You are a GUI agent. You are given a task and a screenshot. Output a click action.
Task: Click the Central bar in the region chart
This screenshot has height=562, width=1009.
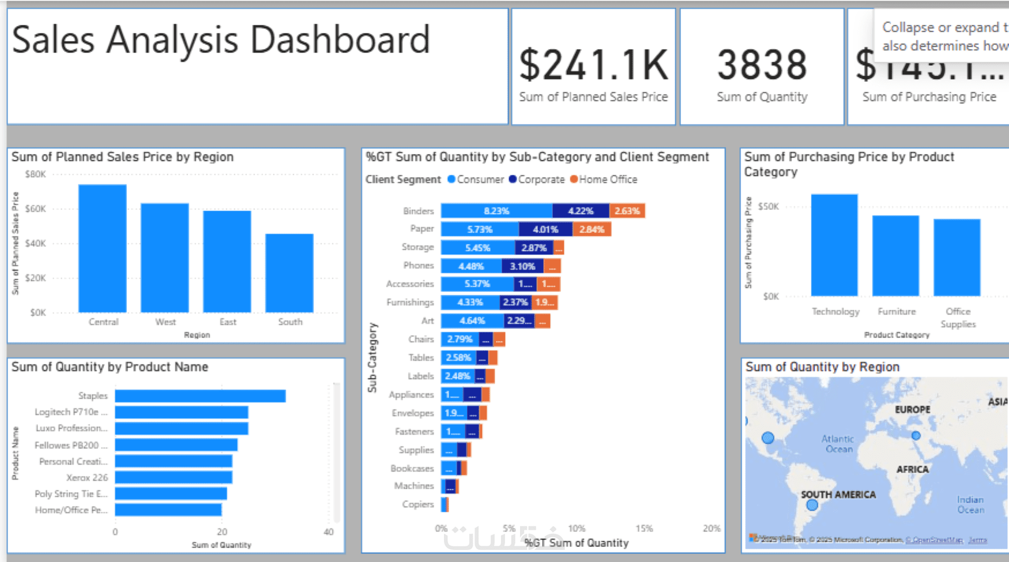point(103,248)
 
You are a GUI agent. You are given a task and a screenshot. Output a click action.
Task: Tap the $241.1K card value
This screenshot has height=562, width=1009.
point(593,65)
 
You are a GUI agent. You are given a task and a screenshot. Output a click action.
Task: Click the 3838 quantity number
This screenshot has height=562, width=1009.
point(762,65)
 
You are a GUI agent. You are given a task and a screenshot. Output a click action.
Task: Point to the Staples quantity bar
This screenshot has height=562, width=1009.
point(200,396)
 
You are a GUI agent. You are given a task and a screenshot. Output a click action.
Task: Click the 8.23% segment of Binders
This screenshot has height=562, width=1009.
point(496,211)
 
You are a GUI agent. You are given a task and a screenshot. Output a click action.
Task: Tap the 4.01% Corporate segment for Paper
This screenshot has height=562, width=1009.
point(545,229)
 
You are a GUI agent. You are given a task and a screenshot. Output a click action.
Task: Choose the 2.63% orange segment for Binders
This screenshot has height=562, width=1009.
point(627,211)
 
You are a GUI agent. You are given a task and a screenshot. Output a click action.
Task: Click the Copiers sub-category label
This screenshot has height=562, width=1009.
point(418,504)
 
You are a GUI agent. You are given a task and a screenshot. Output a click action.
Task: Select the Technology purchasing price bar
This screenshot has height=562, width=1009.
point(834,246)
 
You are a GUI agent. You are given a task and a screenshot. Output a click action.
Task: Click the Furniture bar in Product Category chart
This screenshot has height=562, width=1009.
point(895,256)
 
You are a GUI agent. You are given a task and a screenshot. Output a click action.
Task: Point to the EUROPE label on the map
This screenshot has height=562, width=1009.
point(913,409)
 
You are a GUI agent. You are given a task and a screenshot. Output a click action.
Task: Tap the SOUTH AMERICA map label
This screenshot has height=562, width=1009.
point(838,495)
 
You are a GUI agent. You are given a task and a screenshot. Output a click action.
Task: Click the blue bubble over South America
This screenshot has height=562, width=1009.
point(812,506)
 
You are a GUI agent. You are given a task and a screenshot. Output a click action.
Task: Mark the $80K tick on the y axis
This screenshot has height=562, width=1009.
point(36,174)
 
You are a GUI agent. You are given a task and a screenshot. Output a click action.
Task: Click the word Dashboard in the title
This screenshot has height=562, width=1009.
point(340,40)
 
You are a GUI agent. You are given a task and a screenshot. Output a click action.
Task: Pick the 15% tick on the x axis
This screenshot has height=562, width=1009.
point(644,529)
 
